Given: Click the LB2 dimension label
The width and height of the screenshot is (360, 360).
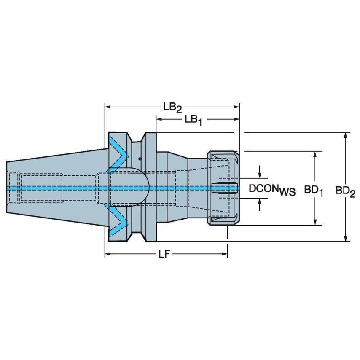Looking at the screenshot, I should pyautogui.click(x=172, y=108).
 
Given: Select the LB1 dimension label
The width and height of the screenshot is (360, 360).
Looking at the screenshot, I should pyautogui.click(x=194, y=120).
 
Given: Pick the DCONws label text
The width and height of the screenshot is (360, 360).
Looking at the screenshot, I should pyautogui.click(x=272, y=189).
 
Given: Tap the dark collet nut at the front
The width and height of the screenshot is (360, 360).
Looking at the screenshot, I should pyautogui.click(x=223, y=188).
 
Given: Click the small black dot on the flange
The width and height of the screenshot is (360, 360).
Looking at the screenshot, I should pyautogui.click(x=140, y=159).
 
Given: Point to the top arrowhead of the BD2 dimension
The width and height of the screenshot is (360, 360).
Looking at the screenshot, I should pyautogui.click(x=346, y=135).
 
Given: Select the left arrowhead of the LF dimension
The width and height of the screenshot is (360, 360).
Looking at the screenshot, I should pyautogui.click(x=107, y=254).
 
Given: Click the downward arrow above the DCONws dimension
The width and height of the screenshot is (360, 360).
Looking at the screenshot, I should pyautogui.click(x=260, y=174).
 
